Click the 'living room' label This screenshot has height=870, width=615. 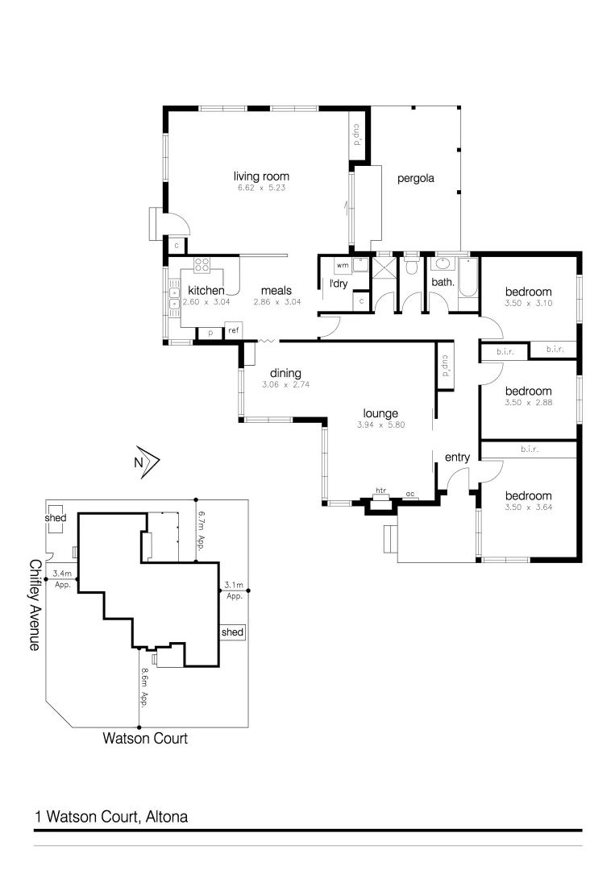tap(261, 176)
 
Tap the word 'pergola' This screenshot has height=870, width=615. tap(415, 179)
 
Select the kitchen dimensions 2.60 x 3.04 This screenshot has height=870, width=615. tap(206, 302)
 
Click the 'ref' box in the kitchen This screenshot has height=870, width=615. tap(233, 331)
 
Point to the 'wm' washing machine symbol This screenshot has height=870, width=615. tap(342, 264)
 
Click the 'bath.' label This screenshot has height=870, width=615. tap(443, 282)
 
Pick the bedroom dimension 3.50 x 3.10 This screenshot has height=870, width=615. tap(528, 303)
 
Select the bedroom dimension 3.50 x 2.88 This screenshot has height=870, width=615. tap(528, 402)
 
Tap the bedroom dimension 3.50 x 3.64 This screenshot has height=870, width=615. tap(528, 507)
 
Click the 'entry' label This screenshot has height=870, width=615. tap(457, 458)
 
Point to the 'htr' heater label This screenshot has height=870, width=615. tap(380, 491)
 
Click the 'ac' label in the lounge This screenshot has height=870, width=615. tap(409, 494)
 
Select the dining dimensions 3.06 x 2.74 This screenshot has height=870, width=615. tap(285, 385)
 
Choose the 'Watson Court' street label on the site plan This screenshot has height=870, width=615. tap(145, 737)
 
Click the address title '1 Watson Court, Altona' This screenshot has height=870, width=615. tap(111, 817)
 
